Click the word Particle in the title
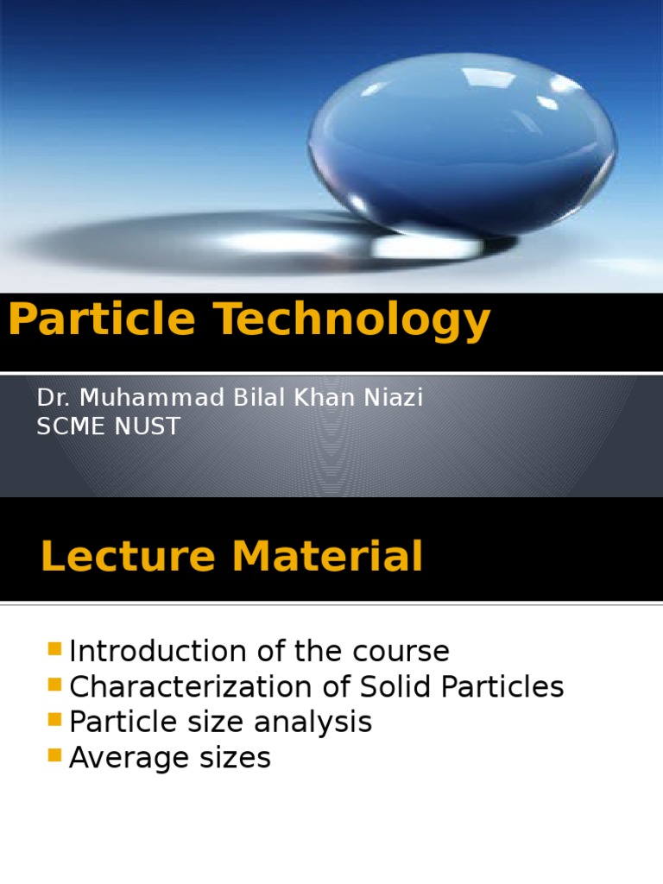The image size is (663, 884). [x=103, y=320]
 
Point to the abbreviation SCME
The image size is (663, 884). [x=70, y=426]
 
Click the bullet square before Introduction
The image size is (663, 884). [x=55, y=647]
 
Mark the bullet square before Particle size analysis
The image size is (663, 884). [x=55, y=719]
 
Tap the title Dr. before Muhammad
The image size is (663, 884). [x=51, y=398]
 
